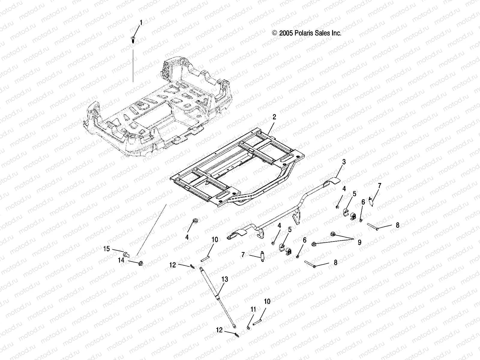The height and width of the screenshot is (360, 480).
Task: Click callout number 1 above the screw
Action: [x=141, y=23]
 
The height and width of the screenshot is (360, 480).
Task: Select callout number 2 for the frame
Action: [x=274, y=117]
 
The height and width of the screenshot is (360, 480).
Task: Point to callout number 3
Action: [x=344, y=162]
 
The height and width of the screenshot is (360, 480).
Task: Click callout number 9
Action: [x=359, y=242]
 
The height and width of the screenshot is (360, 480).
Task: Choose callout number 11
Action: [x=253, y=310]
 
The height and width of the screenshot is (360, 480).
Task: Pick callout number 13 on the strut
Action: [x=225, y=279]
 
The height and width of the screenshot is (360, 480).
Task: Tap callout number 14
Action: [x=121, y=260]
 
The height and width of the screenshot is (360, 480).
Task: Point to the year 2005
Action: [x=284, y=33]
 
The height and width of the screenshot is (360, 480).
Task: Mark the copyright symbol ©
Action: [x=274, y=33]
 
